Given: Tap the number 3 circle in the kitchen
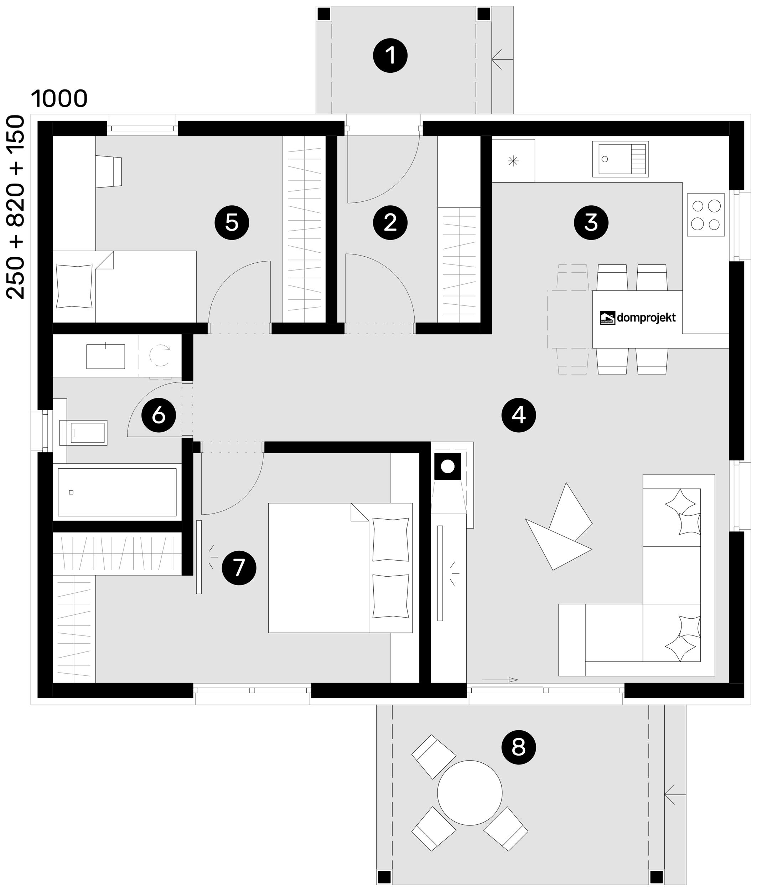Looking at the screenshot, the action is tap(591, 222).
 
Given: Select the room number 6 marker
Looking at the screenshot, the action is tap(159, 415).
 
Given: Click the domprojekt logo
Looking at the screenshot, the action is tap(638, 318).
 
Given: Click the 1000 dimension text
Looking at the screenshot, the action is tap(59, 99).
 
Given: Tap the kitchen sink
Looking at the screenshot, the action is tap(620, 159).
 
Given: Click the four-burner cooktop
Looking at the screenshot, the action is tap(705, 215).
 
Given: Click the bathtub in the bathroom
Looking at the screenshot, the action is tap(117, 492).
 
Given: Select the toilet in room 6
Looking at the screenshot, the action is tap(83, 432).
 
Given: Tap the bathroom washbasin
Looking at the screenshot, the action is tap(105, 356).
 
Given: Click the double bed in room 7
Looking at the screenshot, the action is tap(340, 568).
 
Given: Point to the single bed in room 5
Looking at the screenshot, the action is tap(124, 287).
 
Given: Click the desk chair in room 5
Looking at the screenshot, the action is tap(109, 171).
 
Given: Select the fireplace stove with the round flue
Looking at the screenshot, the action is tap(447, 466).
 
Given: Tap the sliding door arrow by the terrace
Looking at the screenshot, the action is tap(500, 680).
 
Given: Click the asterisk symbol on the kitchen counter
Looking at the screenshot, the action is tap(513, 161).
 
